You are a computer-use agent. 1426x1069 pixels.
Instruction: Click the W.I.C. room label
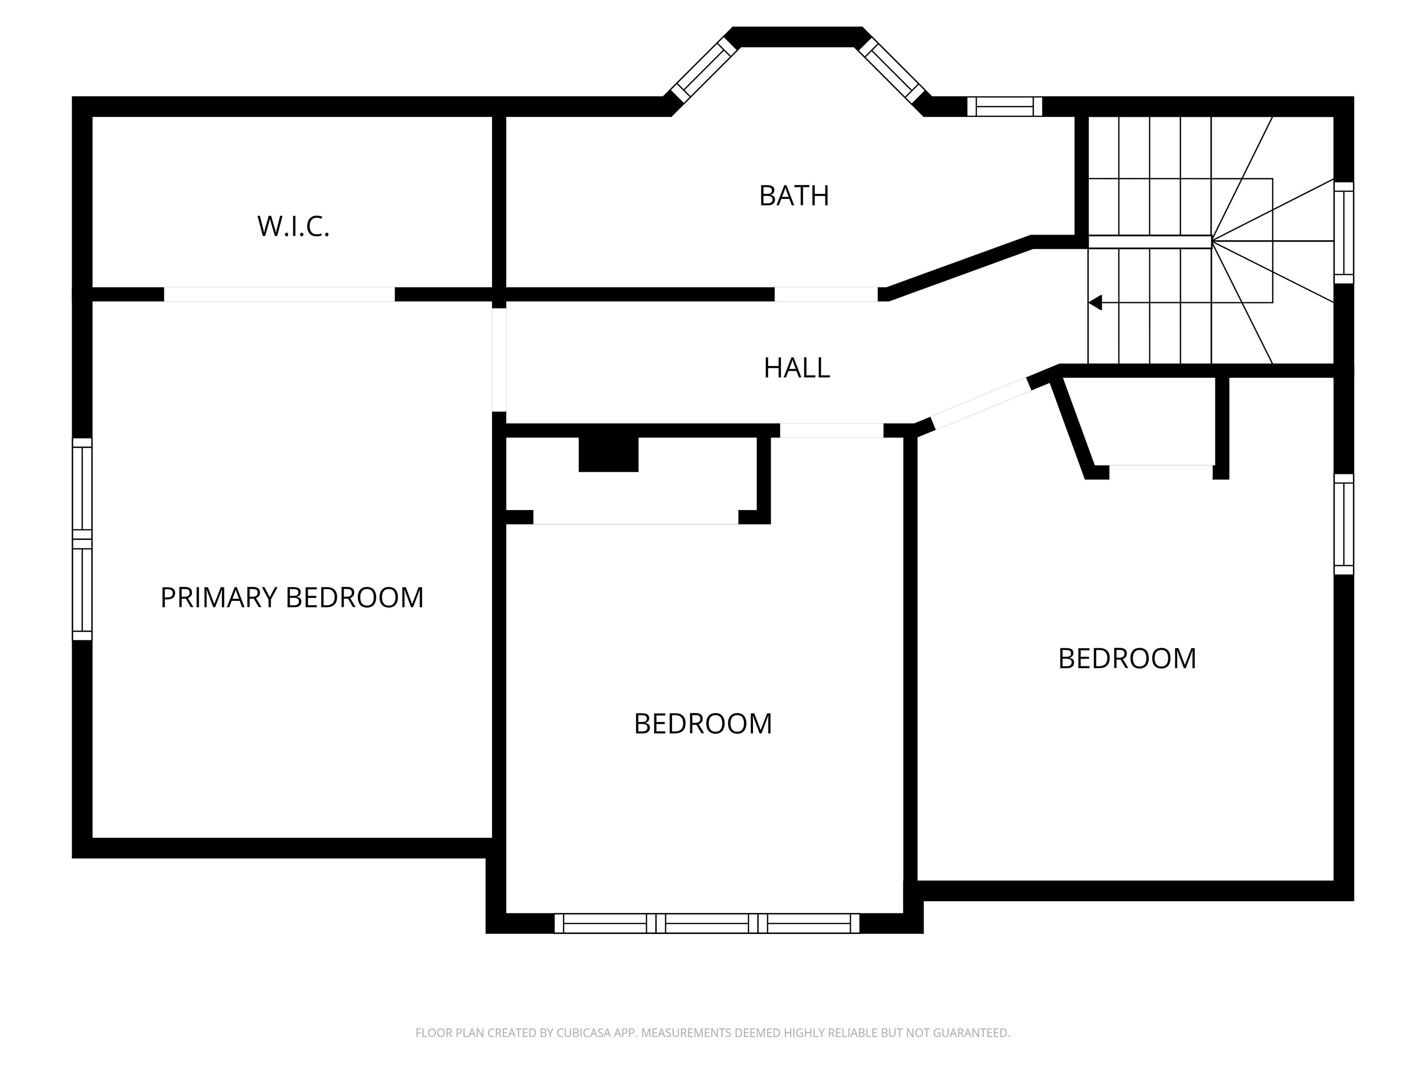pos(293,226)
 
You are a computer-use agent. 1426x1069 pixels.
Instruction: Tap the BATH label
pos(794,196)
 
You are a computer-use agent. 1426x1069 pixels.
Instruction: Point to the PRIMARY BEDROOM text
pos(292,597)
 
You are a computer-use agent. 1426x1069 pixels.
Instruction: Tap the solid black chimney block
pos(608,454)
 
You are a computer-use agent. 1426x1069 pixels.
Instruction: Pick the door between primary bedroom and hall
pos(499,360)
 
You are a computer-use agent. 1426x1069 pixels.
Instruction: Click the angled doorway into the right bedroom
pos(980,403)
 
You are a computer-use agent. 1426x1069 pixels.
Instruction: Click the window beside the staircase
pos(1343,232)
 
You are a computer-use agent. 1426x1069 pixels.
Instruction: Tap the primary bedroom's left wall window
pos(82,539)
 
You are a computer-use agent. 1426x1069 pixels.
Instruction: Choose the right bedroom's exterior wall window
pos(1343,524)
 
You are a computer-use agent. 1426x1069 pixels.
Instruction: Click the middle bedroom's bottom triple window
pos(707,923)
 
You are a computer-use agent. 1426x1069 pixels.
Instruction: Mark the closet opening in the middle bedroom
pos(635,517)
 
